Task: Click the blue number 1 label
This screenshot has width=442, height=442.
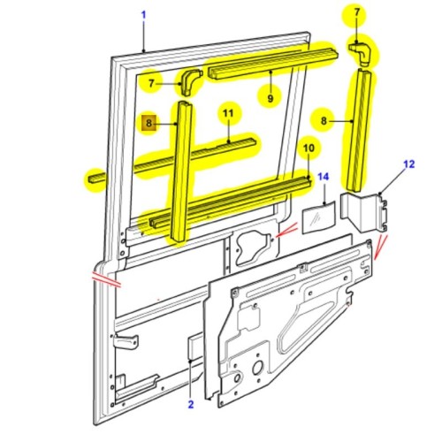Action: pyautogui.click(x=143, y=15)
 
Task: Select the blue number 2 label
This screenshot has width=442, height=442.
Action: pyautogui.click(x=189, y=405)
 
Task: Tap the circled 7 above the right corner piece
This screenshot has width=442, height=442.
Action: pyautogui.click(x=357, y=13)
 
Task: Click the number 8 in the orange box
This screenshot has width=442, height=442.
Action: pyautogui.click(x=149, y=125)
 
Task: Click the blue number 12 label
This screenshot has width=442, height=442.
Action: pyautogui.click(x=408, y=164)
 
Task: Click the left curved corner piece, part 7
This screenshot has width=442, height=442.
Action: pyautogui.click(x=191, y=84)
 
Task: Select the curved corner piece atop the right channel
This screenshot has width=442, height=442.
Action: pyautogui.click(x=361, y=55)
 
